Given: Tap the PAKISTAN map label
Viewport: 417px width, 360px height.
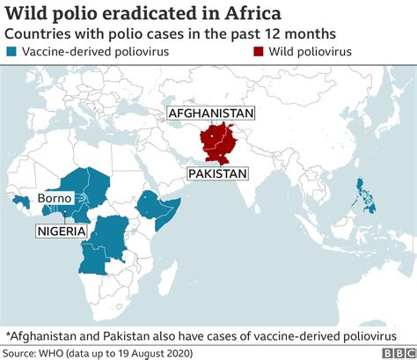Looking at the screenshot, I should pyautogui.click(x=218, y=174).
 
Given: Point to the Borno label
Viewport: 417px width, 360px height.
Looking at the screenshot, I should pyautogui.click(x=55, y=199).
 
